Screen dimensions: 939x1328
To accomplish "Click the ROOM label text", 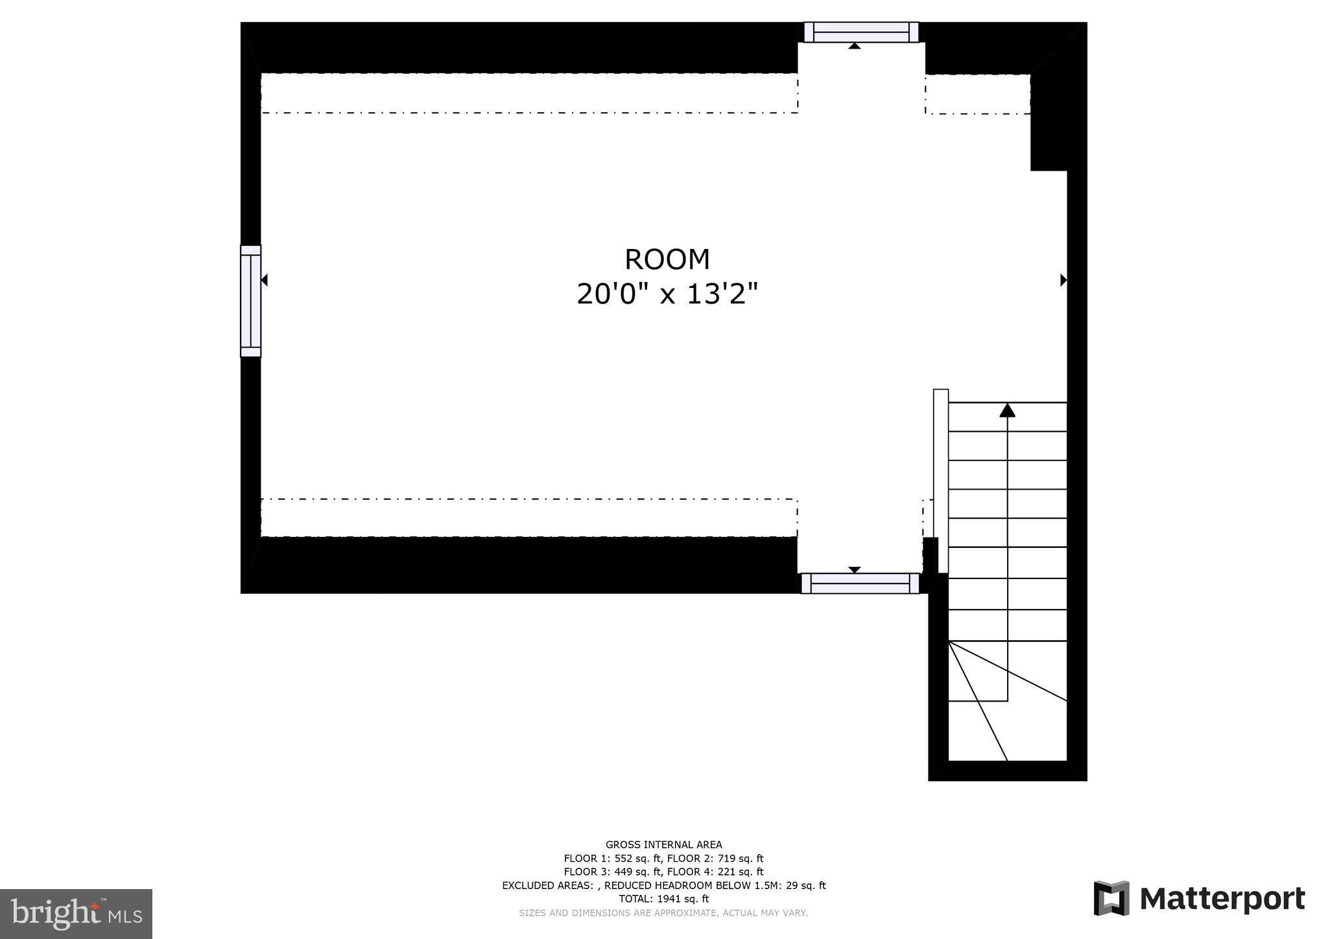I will pyautogui.click(x=667, y=259).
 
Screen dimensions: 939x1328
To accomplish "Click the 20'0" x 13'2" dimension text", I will pyautogui.click(x=667, y=294).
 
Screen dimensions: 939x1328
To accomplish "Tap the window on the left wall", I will pyautogui.click(x=250, y=301).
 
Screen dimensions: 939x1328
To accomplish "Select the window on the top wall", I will pyautogui.click(x=861, y=32).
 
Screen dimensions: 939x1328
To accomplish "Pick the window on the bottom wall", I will pyautogui.click(x=860, y=583).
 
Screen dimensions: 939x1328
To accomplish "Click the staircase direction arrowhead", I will pyautogui.click(x=1007, y=410).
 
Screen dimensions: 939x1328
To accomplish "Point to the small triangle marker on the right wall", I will pyautogui.click(x=1063, y=280).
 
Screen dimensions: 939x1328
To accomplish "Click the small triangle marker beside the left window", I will pyautogui.click(x=265, y=280).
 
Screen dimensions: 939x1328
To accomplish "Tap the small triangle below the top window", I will pyautogui.click(x=855, y=46).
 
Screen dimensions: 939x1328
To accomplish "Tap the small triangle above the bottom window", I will pyautogui.click(x=855, y=569).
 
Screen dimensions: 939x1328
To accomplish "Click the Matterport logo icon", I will pyautogui.click(x=1111, y=898).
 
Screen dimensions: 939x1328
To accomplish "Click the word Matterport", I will pyautogui.click(x=1222, y=899).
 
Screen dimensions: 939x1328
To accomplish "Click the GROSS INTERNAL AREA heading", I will pyautogui.click(x=663, y=844).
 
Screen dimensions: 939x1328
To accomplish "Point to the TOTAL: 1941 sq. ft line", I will pyautogui.click(x=663, y=899).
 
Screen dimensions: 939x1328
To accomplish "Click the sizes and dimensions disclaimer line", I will pyautogui.click(x=663, y=913).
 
